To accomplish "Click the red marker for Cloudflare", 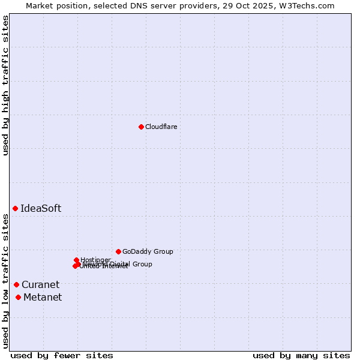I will point(141,127).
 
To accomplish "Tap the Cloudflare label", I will point(161,127).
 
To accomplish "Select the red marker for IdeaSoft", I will point(15,208).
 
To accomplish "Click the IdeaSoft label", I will point(41,208).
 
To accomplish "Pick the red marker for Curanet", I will point(16,284).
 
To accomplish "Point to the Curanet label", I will point(40,284).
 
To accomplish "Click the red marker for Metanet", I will point(18,297).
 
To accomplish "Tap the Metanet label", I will point(43,297).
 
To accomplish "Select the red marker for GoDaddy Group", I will point(118,251).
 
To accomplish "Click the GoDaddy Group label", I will point(148,251).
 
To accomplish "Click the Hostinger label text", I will point(95,260).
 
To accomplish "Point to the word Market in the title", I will point(40,5).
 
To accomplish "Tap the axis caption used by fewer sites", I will point(62,355).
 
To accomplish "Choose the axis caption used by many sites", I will point(301,355).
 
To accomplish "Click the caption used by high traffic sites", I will point(5,85).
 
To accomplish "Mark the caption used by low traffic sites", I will point(5,280).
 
